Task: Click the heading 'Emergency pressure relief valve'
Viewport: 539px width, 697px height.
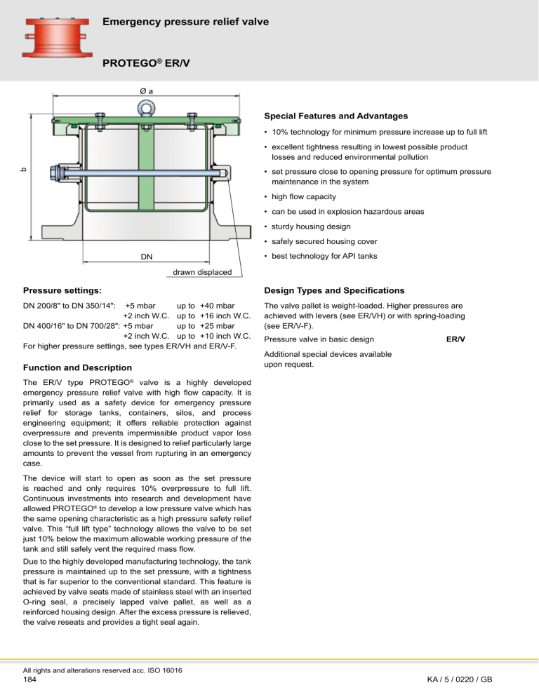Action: coord(186,22)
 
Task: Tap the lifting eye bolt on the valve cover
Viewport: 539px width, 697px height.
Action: coord(145,108)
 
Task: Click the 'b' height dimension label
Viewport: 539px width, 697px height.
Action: coord(22,168)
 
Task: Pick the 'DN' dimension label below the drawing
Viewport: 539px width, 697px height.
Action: coord(145,257)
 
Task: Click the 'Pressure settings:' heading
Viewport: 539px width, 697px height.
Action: coord(62,290)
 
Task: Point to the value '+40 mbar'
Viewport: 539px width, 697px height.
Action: coord(217,306)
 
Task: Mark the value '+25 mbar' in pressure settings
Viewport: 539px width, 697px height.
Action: coord(217,325)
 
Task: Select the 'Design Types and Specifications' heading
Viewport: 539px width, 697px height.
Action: coord(333,290)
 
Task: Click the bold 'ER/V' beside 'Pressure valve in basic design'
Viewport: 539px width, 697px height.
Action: coord(456,339)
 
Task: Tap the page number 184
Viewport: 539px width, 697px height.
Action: coord(31,679)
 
